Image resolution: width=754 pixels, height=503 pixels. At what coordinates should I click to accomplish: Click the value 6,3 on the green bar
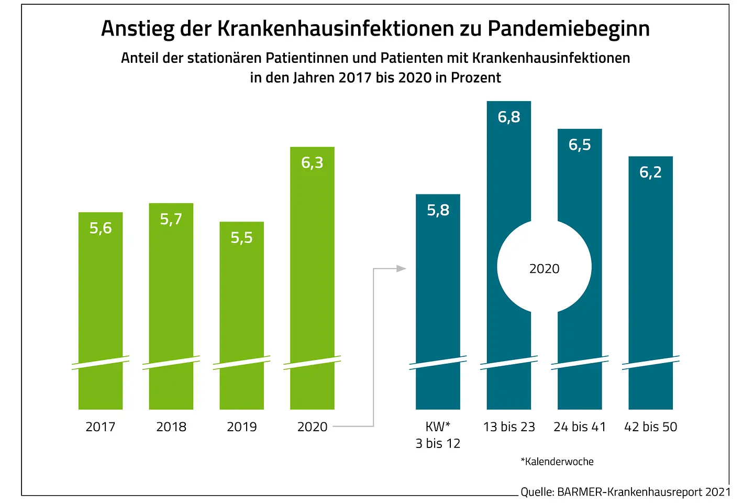pyautogui.click(x=312, y=163)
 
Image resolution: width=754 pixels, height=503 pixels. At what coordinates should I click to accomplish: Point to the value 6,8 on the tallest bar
pyautogui.click(x=509, y=117)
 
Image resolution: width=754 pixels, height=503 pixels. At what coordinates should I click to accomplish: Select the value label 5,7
pyautogui.click(x=171, y=219)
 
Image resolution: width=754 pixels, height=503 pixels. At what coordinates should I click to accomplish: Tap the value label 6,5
pyautogui.click(x=580, y=145)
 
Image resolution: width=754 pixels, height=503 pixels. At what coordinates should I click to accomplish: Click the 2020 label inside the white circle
pyautogui.click(x=544, y=269)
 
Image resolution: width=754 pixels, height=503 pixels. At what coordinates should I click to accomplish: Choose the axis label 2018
pyautogui.click(x=171, y=427)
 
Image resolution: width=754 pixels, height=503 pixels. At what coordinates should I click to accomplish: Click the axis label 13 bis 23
pyautogui.click(x=509, y=427)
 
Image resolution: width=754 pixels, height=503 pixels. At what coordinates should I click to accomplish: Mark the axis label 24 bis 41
pyautogui.click(x=580, y=427)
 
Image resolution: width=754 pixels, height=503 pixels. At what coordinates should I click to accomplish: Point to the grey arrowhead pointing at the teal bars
pyautogui.click(x=401, y=269)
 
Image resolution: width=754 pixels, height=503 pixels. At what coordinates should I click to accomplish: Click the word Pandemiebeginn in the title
pyautogui.click(x=569, y=29)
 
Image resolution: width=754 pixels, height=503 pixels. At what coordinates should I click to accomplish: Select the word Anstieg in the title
pyautogui.click(x=137, y=29)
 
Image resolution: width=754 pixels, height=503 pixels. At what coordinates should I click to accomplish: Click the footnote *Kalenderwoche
pyautogui.click(x=557, y=462)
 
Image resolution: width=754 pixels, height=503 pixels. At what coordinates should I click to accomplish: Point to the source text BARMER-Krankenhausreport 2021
pyautogui.click(x=644, y=492)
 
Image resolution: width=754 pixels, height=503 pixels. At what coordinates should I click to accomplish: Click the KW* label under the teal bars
pyautogui.click(x=438, y=427)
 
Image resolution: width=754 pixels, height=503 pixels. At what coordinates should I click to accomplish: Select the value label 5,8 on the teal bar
pyautogui.click(x=438, y=210)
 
